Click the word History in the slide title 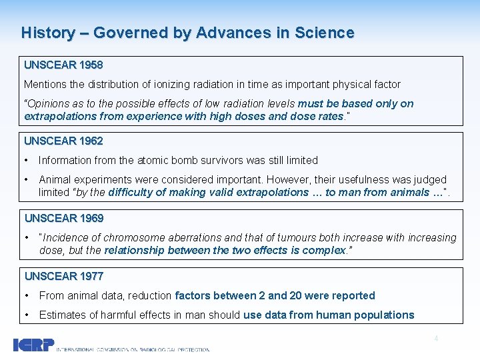pyautogui.click(x=48, y=33)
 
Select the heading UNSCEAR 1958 pyautogui.click(x=63, y=65)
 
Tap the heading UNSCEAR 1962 pyautogui.click(x=63, y=141)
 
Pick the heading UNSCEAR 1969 pyautogui.click(x=64, y=218)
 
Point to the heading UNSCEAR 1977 pyautogui.click(x=64, y=276)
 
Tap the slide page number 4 pyautogui.click(x=436, y=339)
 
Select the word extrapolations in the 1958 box pyautogui.click(x=54, y=116)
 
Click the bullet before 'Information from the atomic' pyautogui.click(x=27, y=160)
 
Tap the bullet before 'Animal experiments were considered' pyautogui.click(x=27, y=179)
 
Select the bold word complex pyautogui.click(x=324, y=251)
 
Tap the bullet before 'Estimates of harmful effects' pyautogui.click(x=27, y=315)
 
